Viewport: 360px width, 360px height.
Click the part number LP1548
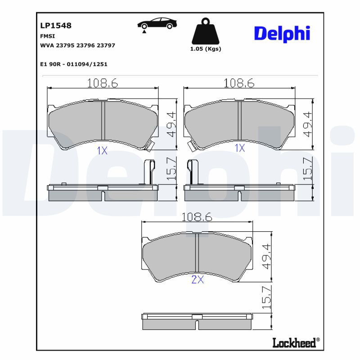coord(56,26)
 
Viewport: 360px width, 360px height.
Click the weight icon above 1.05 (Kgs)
coord(206,31)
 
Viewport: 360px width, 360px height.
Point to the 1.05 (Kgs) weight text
coord(206,49)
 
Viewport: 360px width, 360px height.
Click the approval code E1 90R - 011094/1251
coord(74,64)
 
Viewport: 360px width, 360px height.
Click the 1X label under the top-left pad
coord(102,151)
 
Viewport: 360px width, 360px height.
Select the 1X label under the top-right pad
coord(239,148)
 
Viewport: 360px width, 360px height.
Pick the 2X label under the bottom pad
coord(198,280)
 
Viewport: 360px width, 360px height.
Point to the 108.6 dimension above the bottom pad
coord(196,217)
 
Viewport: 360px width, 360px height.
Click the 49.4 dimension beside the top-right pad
coord(307,124)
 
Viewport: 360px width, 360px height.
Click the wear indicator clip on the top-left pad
coord(150,145)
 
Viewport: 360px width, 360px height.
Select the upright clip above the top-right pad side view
coord(192,171)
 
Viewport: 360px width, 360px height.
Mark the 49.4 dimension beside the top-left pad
coord(171,124)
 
